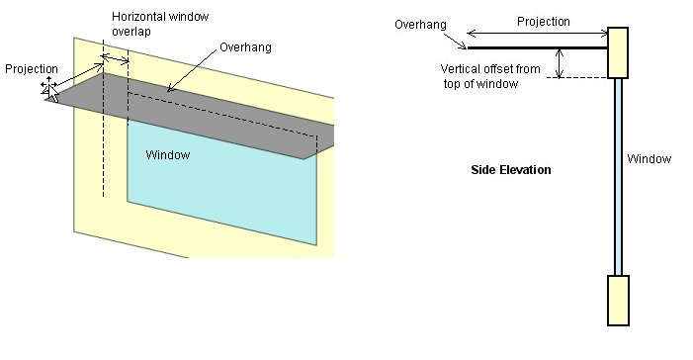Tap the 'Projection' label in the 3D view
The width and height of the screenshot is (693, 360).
point(31,69)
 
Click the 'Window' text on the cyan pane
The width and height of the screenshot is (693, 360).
point(167,155)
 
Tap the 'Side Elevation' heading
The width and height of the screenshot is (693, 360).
point(510,170)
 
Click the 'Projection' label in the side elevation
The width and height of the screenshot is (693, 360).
point(545,20)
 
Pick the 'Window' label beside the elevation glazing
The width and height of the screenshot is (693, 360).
point(650,159)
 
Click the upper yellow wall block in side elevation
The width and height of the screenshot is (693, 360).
point(619,52)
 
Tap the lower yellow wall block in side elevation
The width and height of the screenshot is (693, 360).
point(619,300)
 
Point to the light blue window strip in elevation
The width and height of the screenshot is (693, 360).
point(619,178)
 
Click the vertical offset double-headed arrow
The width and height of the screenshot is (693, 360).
point(562,62)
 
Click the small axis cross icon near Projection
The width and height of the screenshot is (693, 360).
point(46,88)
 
